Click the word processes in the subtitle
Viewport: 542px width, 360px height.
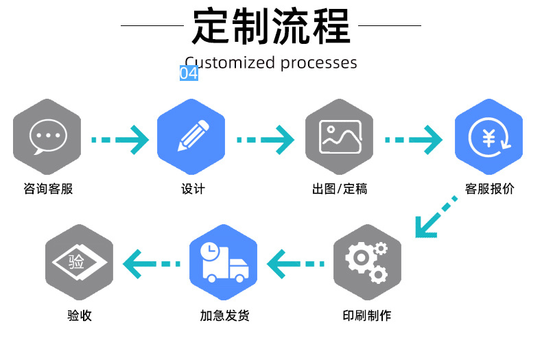click(x=318, y=63)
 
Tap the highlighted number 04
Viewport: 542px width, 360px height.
click(x=189, y=73)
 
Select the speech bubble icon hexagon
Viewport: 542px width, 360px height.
click(x=47, y=133)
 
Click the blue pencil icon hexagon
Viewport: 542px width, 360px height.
click(x=192, y=134)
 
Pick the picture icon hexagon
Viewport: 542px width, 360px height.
click(x=340, y=134)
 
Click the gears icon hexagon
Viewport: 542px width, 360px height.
click(x=366, y=263)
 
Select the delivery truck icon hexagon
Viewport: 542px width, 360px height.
click(x=223, y=262)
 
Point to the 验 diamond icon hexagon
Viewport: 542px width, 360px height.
click(x=78, y=262)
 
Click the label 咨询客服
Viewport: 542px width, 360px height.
click(x=48, y=189)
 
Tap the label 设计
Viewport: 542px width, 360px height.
click(x=193, y=189)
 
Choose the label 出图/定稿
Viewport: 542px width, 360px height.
click(x=340, y=189)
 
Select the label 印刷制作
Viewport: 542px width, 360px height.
click(x=366, y=316)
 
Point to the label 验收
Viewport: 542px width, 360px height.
click(x=79, y=316)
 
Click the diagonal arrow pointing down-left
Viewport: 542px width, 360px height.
click(x=435, y=217)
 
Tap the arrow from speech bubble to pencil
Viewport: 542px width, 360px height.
click(x=120, y=139)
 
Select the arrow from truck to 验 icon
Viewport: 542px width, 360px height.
click(x=151, y=263)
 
